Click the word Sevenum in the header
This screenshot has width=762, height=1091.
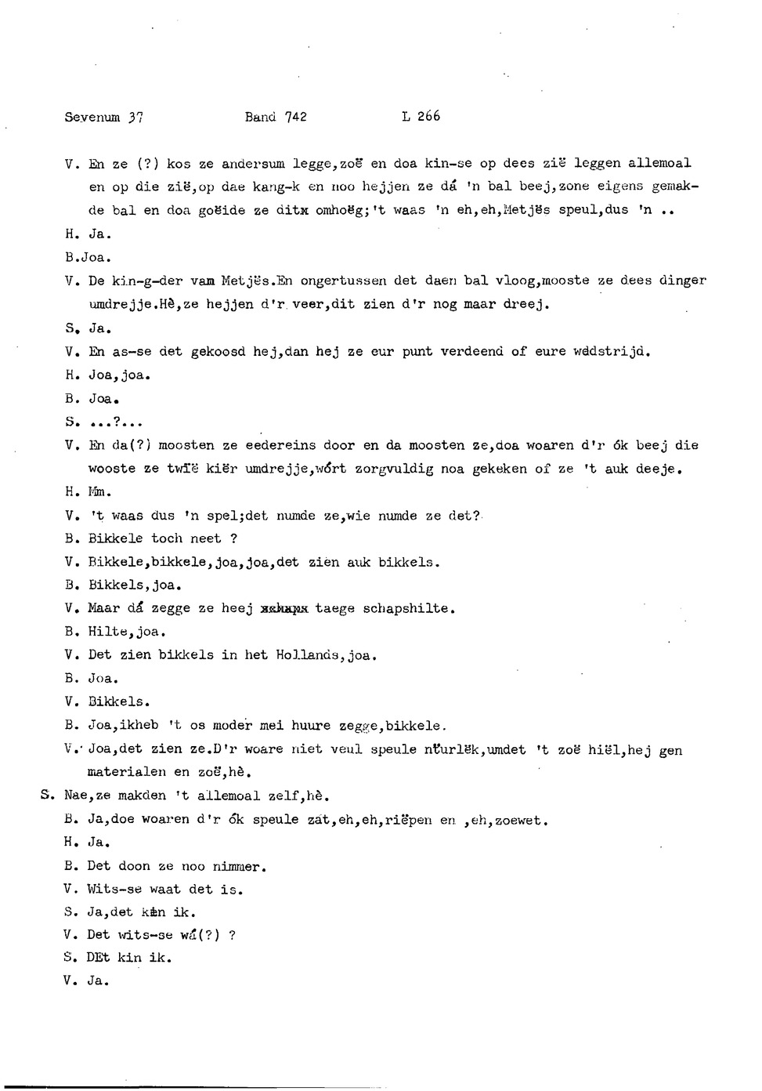coord(92,118)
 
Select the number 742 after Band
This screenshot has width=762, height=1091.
coord(296,118)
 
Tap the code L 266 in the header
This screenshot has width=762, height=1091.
coord(421,117)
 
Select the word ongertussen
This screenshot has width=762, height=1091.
coord(340,281)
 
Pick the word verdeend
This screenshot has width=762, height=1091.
coord(472,351)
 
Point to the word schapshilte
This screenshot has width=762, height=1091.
coord(409,608)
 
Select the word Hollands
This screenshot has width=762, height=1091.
coord(308,655)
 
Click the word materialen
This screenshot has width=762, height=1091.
coord(127,773)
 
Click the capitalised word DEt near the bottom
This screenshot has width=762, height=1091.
coord(99,958)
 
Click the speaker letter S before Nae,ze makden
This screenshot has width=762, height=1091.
coord(45,796)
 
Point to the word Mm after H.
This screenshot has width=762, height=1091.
coord(99,493)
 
